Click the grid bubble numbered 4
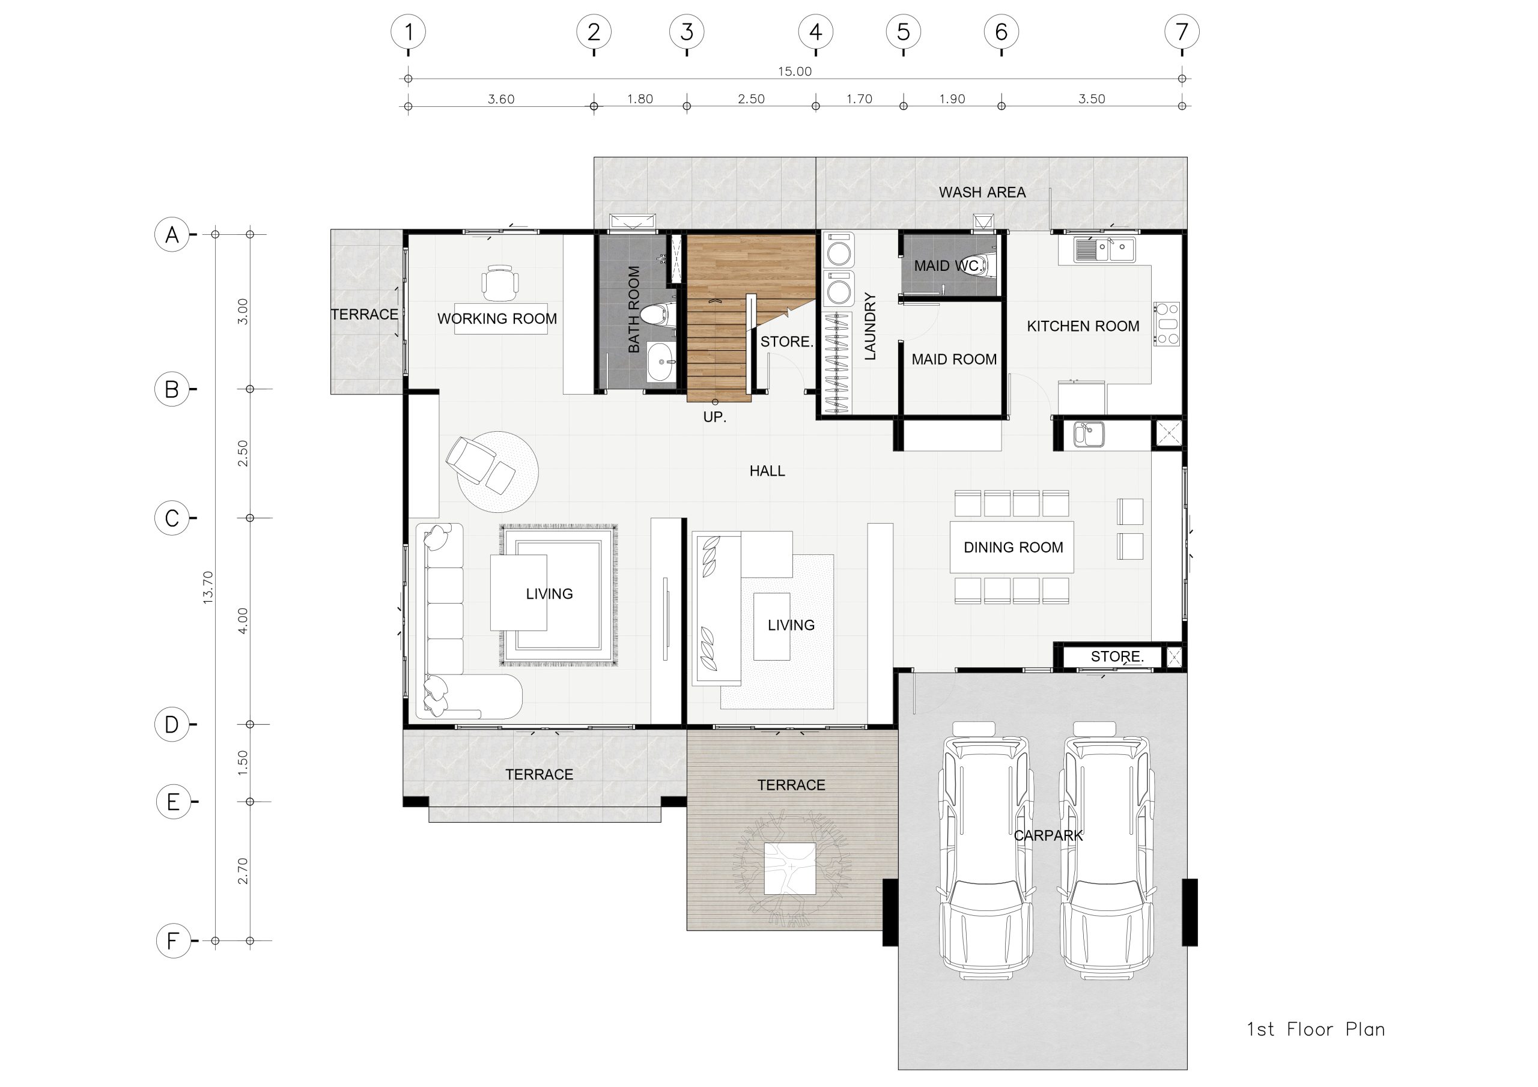click(815, 31)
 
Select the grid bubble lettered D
click(172, 724)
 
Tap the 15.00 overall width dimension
click(794, 71)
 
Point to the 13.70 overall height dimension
click(208, 587)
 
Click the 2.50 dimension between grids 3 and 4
click(751, 99)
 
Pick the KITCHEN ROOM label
click(1083, 326)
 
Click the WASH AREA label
click(982, 192)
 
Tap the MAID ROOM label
click(954, 360)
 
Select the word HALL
click(767, 471)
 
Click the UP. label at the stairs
click(715, 417)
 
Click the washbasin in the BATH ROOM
click(661, 362)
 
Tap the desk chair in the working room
click(500, 283)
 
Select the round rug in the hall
click(497, 471)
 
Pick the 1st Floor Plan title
click(1316, 1029)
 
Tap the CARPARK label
click(1048, 836)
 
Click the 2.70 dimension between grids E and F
click(243, 871)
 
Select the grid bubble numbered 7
click(1182, 31)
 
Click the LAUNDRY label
click(870, 326)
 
